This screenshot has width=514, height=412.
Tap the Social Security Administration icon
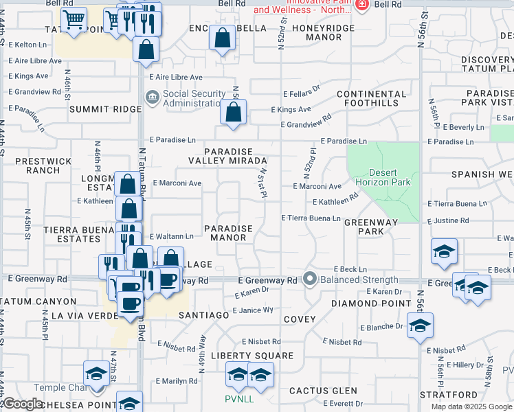pos(152,98)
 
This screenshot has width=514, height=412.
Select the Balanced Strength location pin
pos(310,279)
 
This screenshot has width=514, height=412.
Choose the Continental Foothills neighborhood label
pos(372,98)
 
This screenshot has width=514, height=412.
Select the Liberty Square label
pos(252,356)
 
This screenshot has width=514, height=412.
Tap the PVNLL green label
pos(238,399)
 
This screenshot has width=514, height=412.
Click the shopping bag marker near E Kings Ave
pos(234,112)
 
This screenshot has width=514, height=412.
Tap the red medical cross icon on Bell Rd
pos(362,5)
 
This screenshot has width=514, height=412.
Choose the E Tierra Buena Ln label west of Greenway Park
pos(311,218)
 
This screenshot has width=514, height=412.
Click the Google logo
pos(23,404)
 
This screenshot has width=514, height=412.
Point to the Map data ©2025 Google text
pos(471,407)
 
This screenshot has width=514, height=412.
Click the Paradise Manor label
pos(228,233)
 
